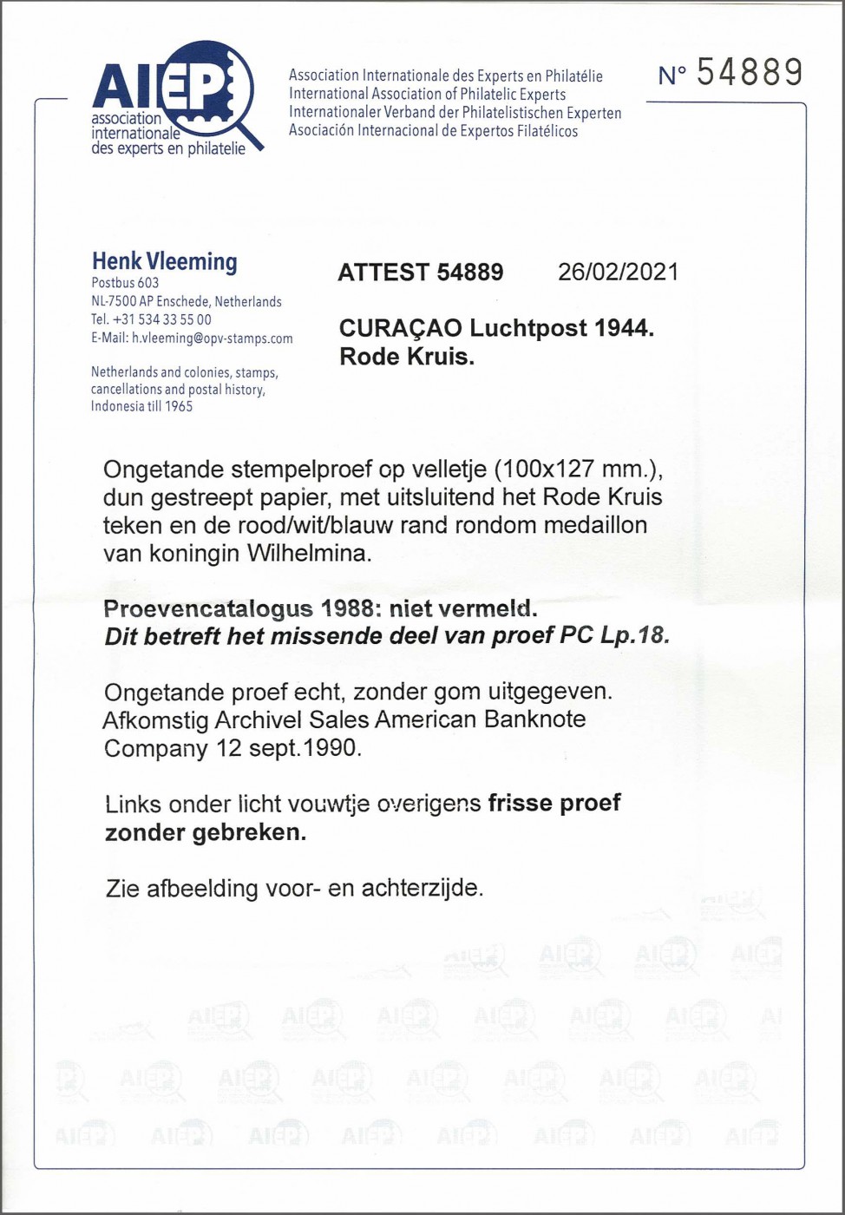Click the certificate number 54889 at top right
[x=750, y=74]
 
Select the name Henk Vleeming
[x=164, y=261]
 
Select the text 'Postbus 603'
[x=125, y=283]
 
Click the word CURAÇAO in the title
[x=400, y=329]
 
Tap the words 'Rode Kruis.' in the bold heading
[x=406, y=357]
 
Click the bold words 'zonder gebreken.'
[x=205, y=832]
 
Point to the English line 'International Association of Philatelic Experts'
[x=427, y=94]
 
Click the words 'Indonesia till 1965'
[x=141, y=406]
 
